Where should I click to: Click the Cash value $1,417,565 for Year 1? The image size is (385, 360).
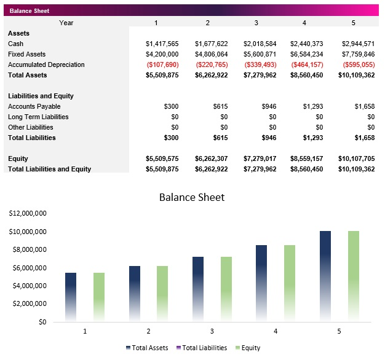pos(162,44)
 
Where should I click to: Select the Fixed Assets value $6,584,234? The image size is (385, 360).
pos(307,54)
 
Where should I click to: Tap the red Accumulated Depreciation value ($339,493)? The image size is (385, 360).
pos(260,65)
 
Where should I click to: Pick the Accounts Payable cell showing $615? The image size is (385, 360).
pos(220,106)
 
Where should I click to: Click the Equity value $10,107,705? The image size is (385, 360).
pos(356,158)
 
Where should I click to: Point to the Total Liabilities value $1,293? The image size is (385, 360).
pos(312,138)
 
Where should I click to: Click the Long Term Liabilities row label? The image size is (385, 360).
pos(38,117)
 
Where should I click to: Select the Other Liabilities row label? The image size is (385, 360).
pos(30,127)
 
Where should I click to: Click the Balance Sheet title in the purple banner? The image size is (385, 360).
pos(30,11)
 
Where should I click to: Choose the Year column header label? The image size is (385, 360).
pos(66,23)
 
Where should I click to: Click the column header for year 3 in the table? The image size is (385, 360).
pos(256,23)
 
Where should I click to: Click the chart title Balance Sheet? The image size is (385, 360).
pos(192,197)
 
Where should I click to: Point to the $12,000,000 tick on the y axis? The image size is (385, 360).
pos(28,213)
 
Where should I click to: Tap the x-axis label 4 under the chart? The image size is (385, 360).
pos(275,331)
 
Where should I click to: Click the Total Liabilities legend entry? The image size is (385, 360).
pos(201,348)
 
